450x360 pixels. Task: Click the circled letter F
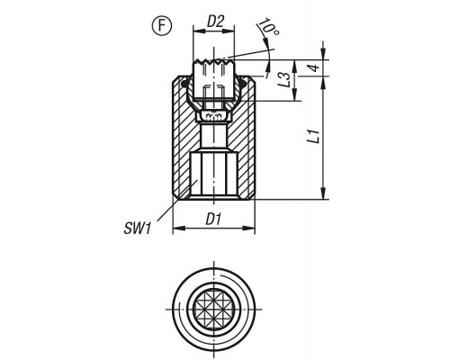(162, 26)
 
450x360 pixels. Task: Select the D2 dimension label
(216, 22)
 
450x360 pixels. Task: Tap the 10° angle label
(268, 27)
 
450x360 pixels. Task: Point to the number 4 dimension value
(314, 67)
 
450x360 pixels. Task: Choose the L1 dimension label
(314, 136)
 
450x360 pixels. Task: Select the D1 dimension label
(213, 220)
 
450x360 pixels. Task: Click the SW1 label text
(138, 229)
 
